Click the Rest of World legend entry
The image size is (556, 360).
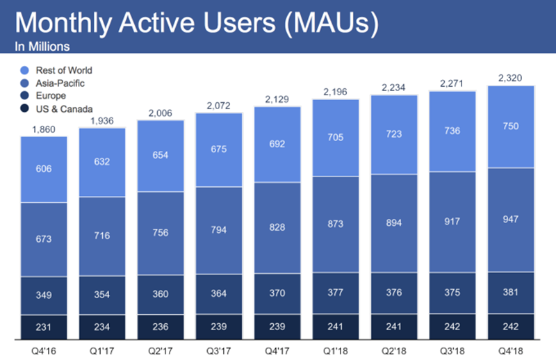pos(61,70)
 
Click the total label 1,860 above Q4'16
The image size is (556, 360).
pos(44,129)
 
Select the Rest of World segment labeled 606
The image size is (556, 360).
pos(44,168)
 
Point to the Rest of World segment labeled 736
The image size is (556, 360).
pos(452,131)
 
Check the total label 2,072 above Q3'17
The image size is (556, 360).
pos(219,105)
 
